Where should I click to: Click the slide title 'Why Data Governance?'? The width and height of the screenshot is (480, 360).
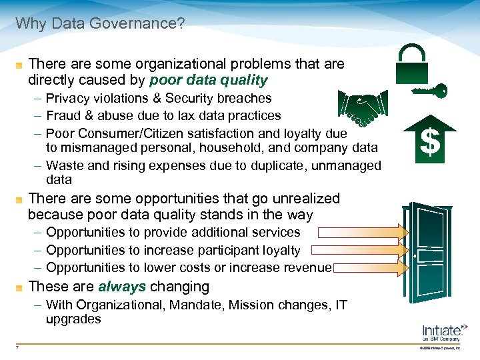tap(100, 25)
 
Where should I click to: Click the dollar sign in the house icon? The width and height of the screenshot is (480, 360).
tap(431, 142)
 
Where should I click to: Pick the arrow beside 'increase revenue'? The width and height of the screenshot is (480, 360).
tap(371, 268)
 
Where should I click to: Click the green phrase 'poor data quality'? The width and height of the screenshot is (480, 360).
tap(209, 81)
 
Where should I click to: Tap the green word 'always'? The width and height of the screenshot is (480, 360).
tap(122, 287)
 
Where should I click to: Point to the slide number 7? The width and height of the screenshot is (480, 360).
tap(17, 347)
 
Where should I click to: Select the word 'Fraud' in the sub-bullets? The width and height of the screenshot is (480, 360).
tap(63, 116)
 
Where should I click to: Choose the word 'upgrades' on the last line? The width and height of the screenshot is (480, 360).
tap(73, 319)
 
